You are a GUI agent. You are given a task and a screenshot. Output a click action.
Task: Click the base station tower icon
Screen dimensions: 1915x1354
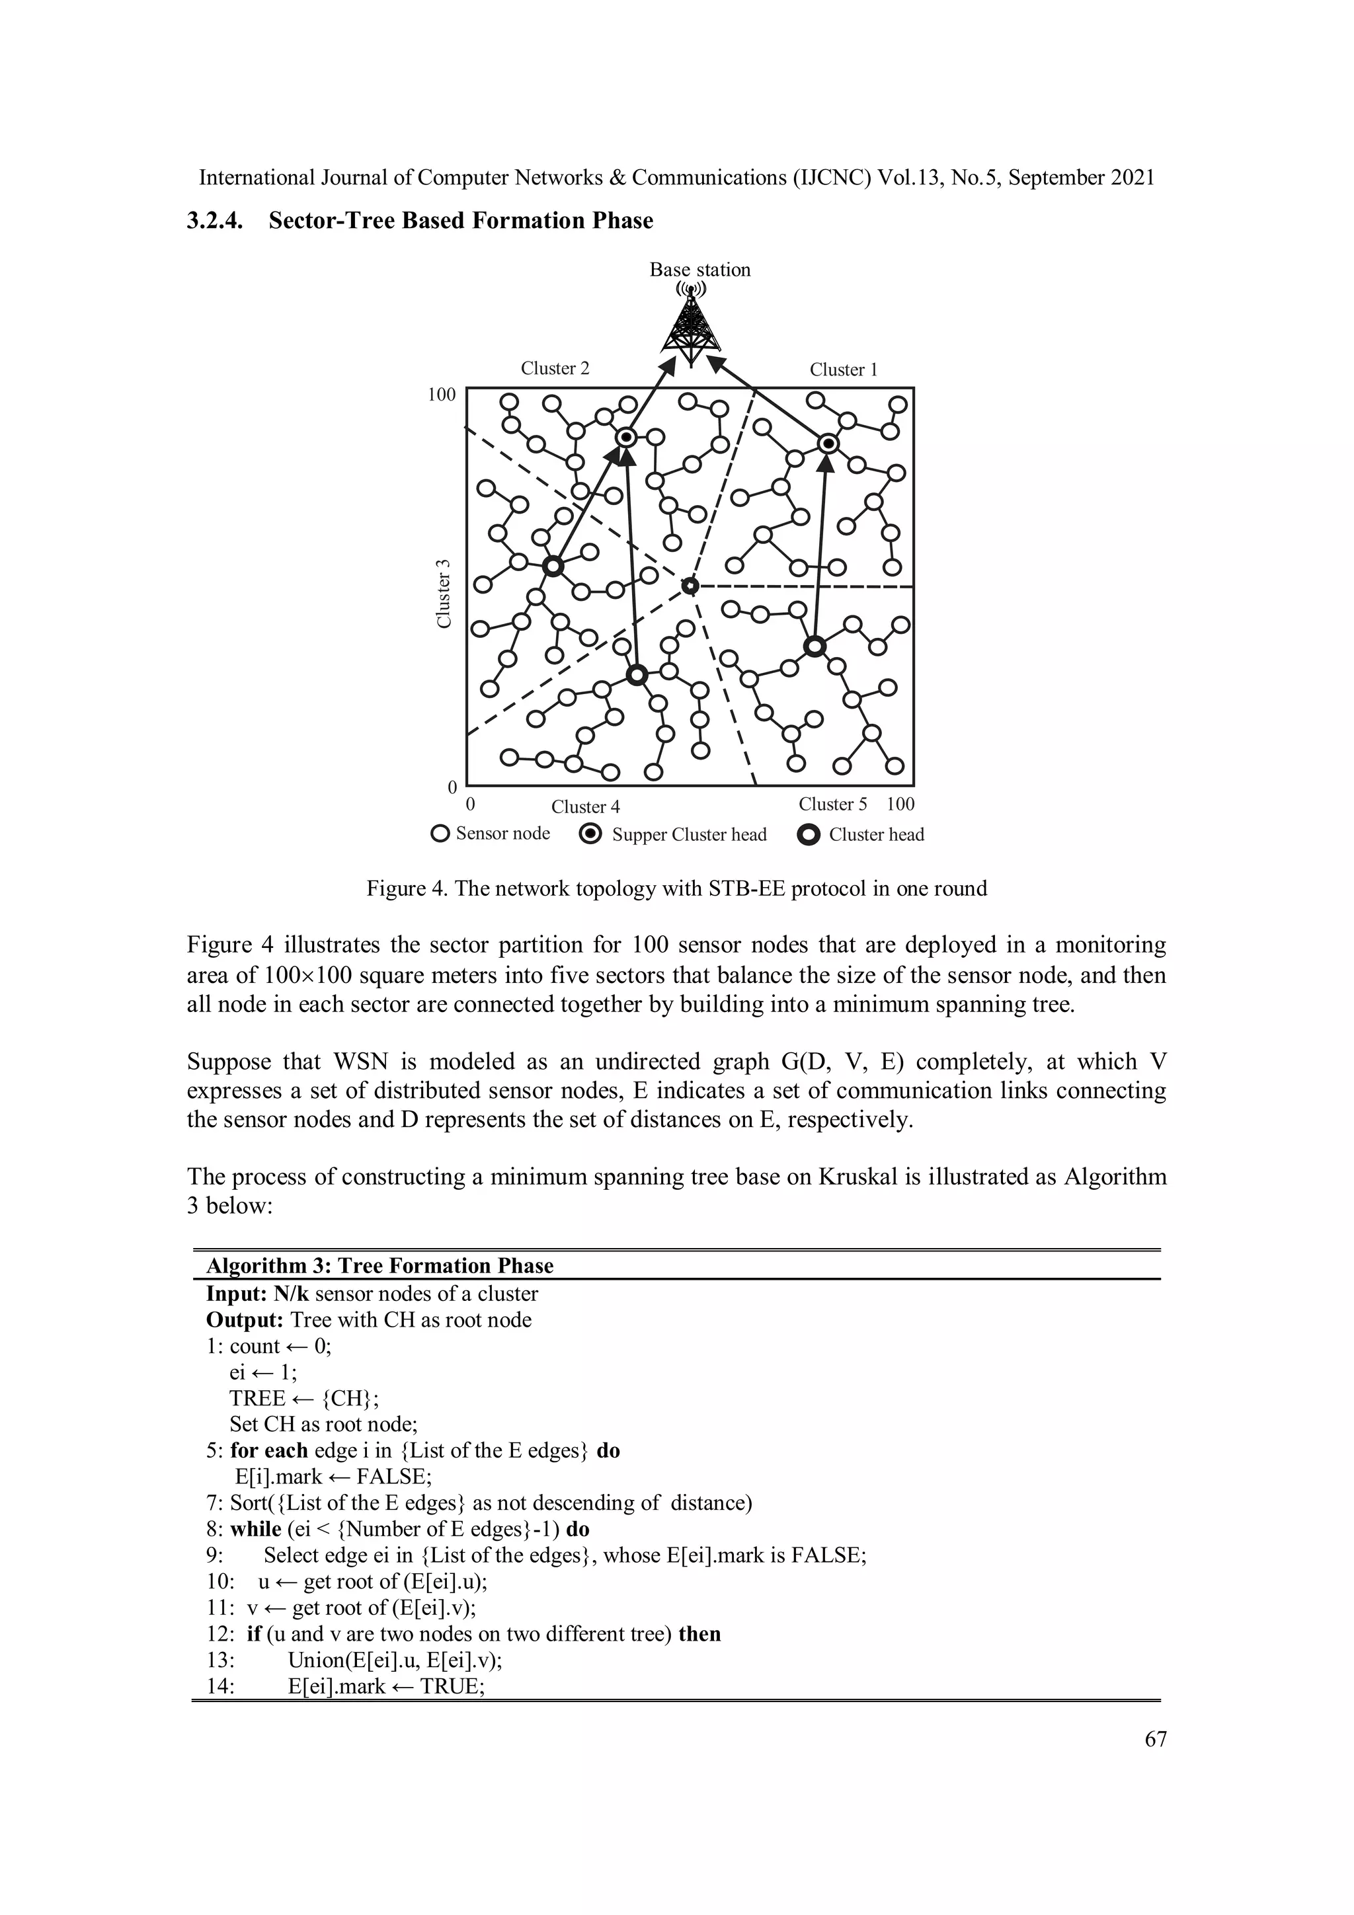[691, 327]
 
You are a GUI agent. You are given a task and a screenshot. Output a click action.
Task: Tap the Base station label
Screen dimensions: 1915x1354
[700, 270]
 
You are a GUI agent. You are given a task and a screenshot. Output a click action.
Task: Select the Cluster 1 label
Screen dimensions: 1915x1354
[844, 370]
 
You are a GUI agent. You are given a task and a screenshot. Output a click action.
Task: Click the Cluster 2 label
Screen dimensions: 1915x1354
[555, 368]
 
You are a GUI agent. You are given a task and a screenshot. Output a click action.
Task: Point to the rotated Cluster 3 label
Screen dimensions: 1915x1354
[444, 594]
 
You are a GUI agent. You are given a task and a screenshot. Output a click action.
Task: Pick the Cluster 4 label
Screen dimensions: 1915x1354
[585, 806]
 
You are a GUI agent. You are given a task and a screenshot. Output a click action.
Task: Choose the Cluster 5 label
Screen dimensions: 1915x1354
[832, 804]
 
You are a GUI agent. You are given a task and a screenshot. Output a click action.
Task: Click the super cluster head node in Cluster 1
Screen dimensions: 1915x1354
[827, 444]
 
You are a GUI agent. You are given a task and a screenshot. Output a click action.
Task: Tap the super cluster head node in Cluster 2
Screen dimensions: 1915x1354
[627, 437]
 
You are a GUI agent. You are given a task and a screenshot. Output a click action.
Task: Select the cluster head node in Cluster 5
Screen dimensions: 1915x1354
[815, 646]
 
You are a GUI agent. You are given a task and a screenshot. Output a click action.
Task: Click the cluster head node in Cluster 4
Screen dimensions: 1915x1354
[637, 675]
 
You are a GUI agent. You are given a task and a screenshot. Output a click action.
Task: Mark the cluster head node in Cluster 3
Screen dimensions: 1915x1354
[552, 567]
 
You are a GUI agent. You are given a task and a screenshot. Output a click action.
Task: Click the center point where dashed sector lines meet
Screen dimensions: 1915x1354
[689, 586]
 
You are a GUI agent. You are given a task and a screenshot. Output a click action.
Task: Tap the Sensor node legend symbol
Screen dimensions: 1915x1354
[440, 833]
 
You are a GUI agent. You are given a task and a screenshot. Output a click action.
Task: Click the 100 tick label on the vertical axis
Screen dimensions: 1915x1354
[442, 395]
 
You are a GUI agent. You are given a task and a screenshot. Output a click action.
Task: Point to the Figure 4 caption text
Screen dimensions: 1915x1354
[676, 888]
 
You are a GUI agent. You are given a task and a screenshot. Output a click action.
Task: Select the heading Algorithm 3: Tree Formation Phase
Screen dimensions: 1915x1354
[379, 1265]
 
